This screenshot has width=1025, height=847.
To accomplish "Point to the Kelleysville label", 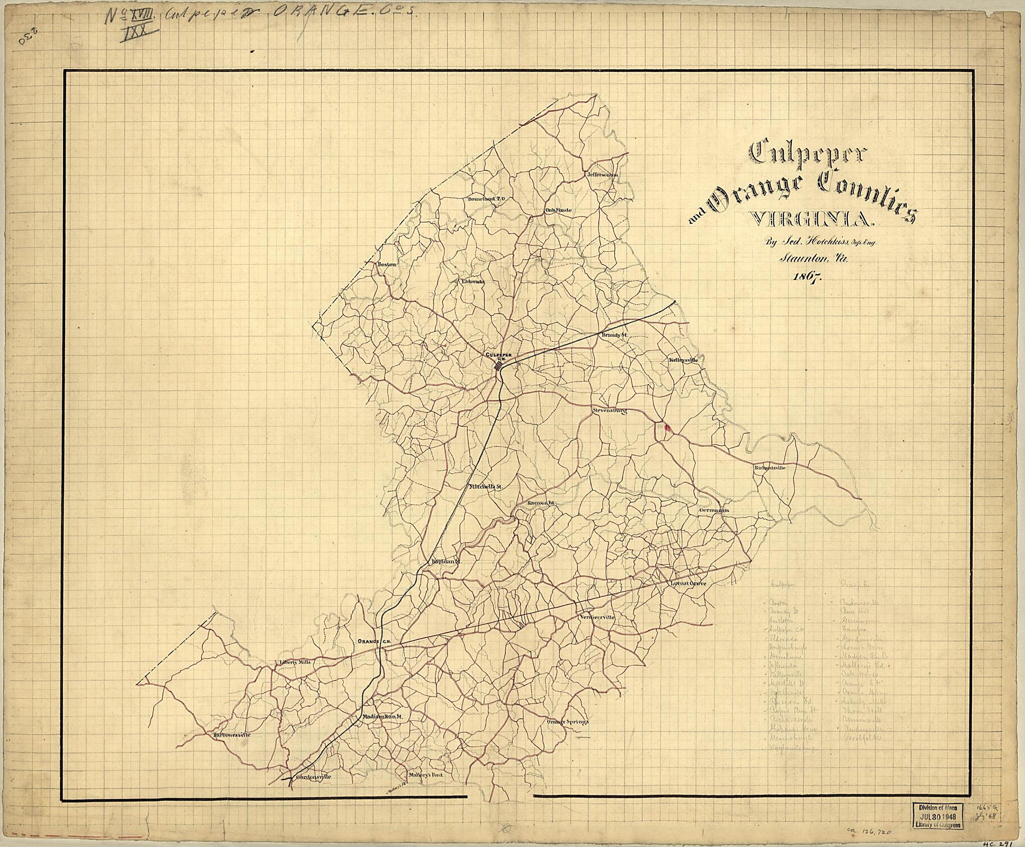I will pyautogui.click(x=682, y=359).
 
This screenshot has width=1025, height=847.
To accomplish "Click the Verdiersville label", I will pyautogui.click(x=596, y=617).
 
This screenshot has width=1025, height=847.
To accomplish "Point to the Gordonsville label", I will pyautogui.click(x=314, y=791).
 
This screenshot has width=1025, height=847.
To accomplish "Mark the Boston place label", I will pyautogui.click(x=387, y=263).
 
